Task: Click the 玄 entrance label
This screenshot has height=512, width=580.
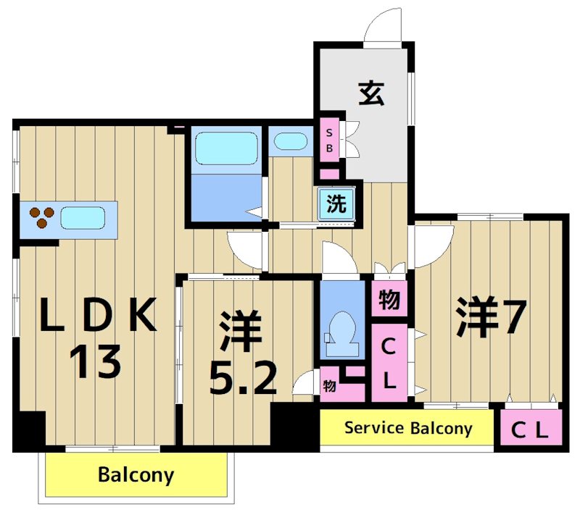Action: coord(370,93)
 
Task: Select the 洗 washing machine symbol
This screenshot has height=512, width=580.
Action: coord(336,203)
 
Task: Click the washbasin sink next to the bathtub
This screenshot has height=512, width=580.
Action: coord(291,141)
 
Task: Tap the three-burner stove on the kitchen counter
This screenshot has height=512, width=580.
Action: coord(41,217)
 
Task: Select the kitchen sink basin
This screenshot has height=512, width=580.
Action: coord(83,217)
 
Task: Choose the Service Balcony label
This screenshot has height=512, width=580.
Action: coord(407,428)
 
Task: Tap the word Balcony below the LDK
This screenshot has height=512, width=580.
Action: coord(136,475)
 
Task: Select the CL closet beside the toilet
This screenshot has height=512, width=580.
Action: coord(389,363)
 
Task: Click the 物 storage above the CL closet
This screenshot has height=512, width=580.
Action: coord(389,298)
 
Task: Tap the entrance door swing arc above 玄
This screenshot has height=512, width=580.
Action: coord(382,28)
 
